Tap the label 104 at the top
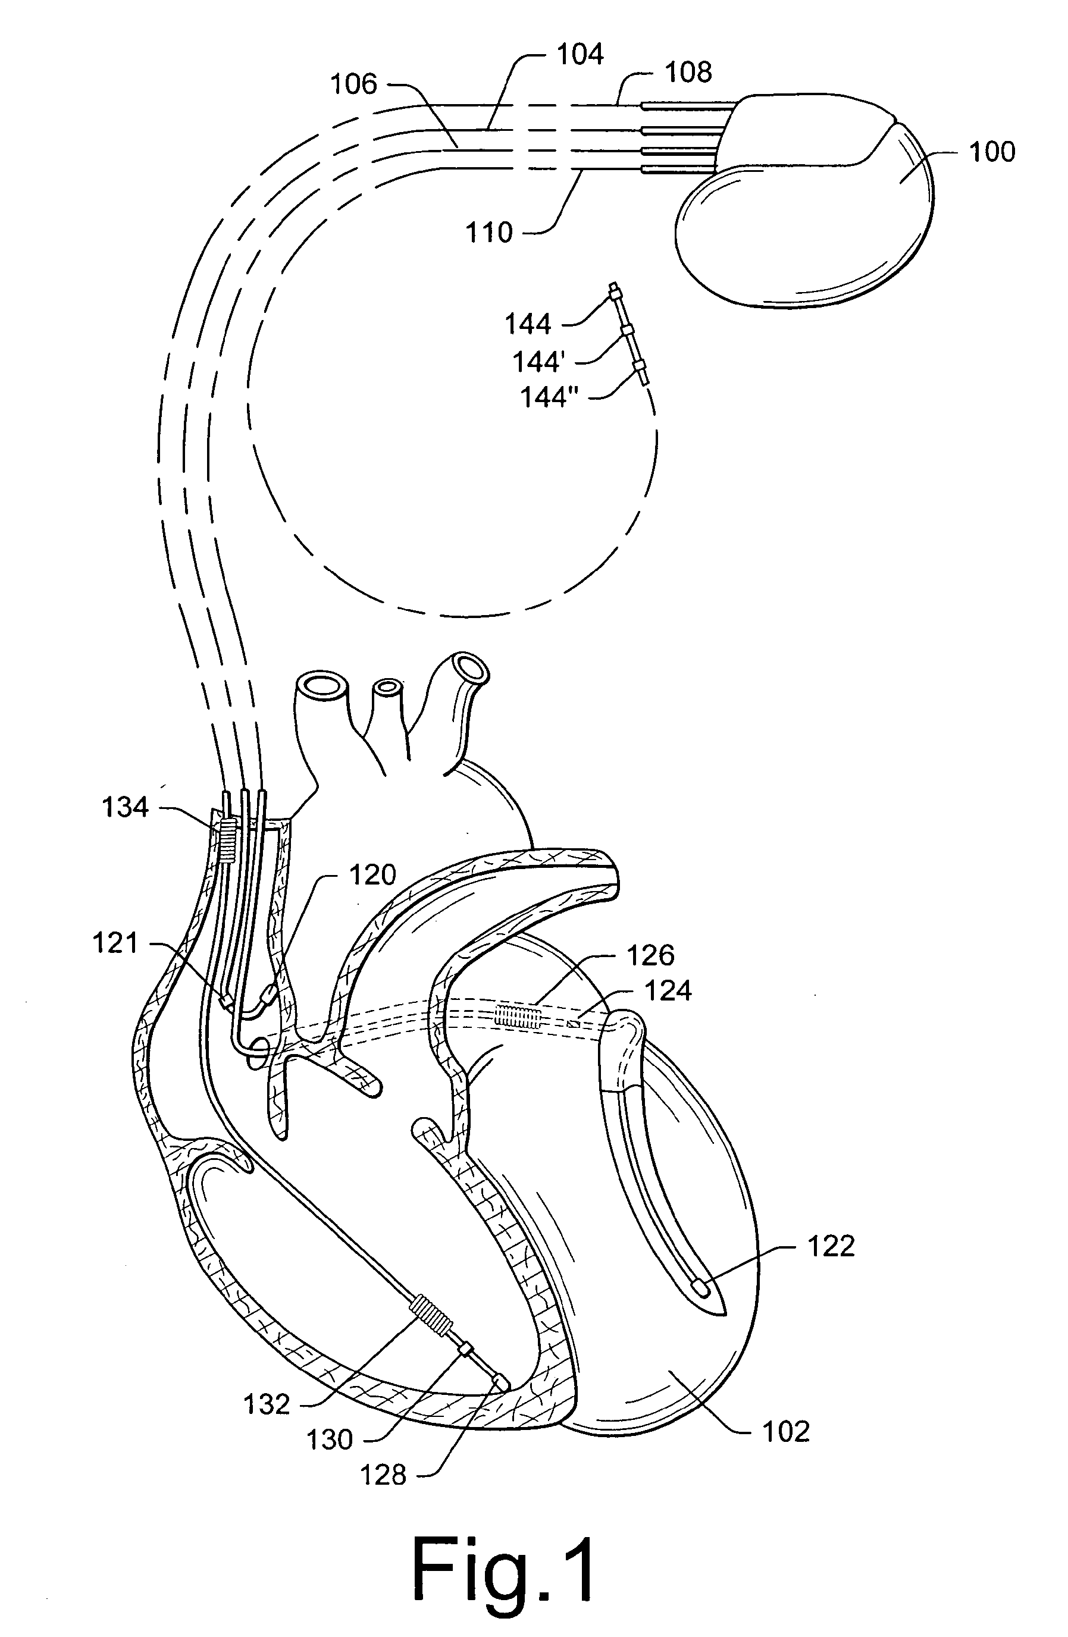[580, 54]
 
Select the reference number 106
[353, 84]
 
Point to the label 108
[688, 72]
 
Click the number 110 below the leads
[489, 233]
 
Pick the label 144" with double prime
[548, 397]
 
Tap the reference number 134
[125, 807]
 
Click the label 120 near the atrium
[372, 875]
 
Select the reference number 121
[115, 942]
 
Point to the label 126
[650, 955]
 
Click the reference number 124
[668, 990]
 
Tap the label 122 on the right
[831, 1246]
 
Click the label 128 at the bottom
[383, 1474]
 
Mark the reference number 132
[267, 1404]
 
